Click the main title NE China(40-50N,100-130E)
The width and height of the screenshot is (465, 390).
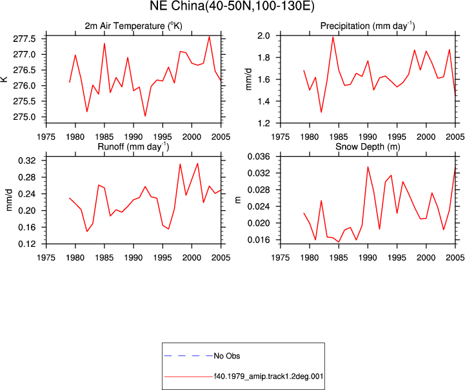232,6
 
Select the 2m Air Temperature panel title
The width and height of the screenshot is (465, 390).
134,26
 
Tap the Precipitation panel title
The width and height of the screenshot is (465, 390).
368,26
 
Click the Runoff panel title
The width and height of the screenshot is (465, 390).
134,147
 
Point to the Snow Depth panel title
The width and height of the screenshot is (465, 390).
368,147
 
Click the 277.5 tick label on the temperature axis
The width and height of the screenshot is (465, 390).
25,39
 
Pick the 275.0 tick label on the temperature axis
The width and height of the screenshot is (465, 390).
25,117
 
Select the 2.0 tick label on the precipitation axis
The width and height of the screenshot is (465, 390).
263,35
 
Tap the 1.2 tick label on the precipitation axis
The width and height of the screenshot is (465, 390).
263,123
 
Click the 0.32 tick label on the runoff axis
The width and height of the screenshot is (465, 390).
27,161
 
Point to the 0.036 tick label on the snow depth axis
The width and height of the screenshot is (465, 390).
259,157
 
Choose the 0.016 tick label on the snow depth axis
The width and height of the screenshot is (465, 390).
259,240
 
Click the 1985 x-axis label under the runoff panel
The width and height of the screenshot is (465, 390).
104,258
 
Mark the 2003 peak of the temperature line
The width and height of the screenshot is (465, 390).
209,37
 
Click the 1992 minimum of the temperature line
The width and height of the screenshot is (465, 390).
145,116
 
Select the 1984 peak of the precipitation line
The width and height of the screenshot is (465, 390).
333,37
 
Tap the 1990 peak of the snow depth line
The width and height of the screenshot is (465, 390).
368,166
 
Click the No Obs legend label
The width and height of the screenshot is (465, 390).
227,356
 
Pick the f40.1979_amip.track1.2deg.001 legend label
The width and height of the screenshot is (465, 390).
268,376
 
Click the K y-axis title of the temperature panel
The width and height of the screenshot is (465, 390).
5,79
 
